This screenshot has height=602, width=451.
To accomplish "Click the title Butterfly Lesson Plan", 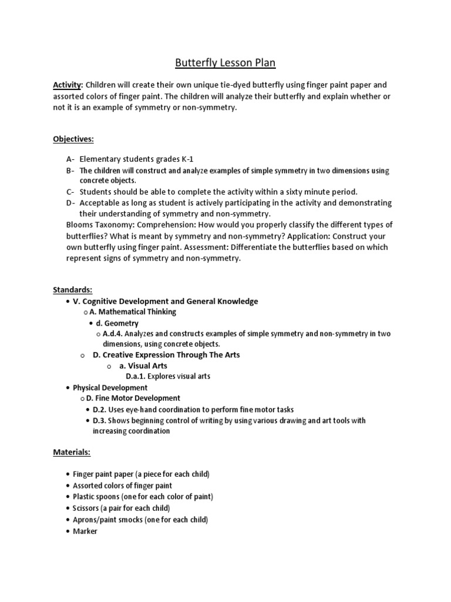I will point(225,62).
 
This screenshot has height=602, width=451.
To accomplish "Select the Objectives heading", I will point(73,140).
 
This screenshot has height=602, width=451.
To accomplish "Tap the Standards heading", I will point(73,290).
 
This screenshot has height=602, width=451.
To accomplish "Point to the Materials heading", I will point(72,453).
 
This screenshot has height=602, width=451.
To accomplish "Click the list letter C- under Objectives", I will point(70,192).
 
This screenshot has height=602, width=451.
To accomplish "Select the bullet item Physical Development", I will point(110,388).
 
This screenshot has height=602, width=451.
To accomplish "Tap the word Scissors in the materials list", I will point(88,508).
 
